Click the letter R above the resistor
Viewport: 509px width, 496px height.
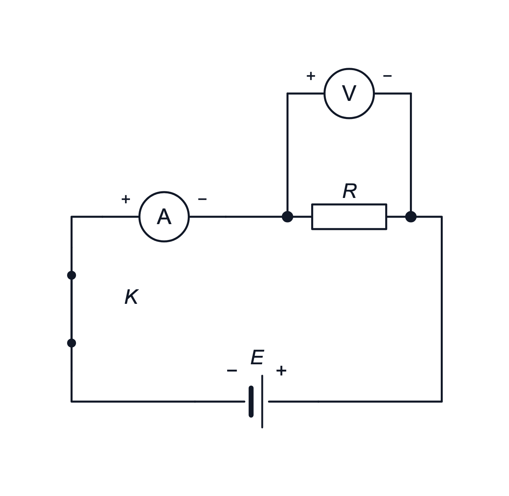click(x=349, y=191)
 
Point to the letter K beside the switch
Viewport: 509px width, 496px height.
click(x=131, y=297)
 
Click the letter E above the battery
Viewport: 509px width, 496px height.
click(x=257, y=357)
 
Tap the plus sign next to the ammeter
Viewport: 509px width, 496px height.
click(x=126, y=199)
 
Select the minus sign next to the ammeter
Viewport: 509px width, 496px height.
click(x=202, y=199)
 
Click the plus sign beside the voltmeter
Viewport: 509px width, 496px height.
click(x=311, y=76)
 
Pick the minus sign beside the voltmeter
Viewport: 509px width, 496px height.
click(x=388, y=76)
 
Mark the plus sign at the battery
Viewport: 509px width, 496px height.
click(x=281, y=370)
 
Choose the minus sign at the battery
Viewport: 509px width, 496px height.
click(x=232, y=370)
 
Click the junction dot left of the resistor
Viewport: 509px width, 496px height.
click(x=287, y=217)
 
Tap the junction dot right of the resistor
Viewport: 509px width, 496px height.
click(x=411, y=217)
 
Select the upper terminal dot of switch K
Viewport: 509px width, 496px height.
click(x=72, y=275)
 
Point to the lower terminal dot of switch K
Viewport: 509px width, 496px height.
click(x=72, y=343)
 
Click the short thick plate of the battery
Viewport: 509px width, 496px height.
click(x=251, y=401)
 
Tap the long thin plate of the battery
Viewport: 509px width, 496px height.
click(x=262, y=401)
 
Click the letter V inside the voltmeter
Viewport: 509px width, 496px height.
click(x=349, y=93)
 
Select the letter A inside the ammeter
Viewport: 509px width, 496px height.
click(x=164, y=216)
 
